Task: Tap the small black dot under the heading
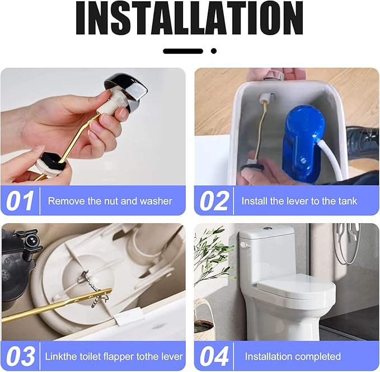pos(213,51)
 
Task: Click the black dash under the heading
pos(182,51)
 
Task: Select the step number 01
pos(20,201)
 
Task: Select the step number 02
pos(213,201)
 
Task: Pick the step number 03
pos(20,356)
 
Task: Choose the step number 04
pos(213,356)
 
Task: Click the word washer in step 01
pos(157,201)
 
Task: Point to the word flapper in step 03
pos(115,356)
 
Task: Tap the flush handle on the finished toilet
pos(243,244)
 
